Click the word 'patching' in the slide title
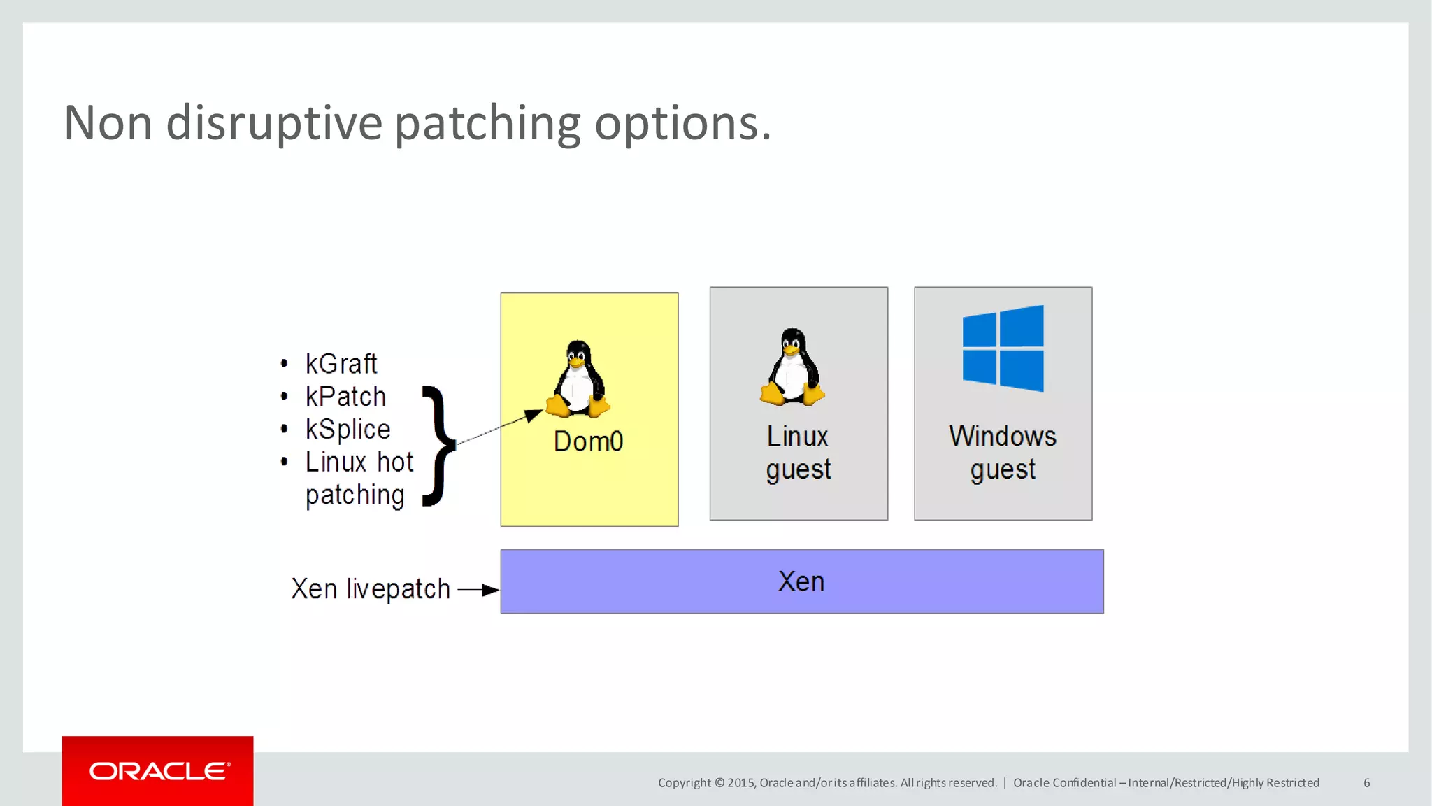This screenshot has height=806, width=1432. pyautogui.click(x=487, y=124)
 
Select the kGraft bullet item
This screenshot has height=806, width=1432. pyautogui.click(x=341, y=364)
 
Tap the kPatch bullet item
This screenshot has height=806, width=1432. pyautogui.click(x=345, y=397)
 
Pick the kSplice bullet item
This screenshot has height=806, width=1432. pyautogui.click(x=348, y=430)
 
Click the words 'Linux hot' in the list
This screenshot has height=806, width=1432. pyautogui.click(x=359, y=462)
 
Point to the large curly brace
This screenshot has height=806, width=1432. pyautogui.click(x=439, y=445)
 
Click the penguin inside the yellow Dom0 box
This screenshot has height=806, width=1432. pyautogui.click(x=578, y=379)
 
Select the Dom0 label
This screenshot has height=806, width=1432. pyautogui.click(x=588, y=441)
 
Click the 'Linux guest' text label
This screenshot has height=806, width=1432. pyautogui.click(x=798, y=453)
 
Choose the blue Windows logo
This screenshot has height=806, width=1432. pyautogui.click(x=1003, y=348)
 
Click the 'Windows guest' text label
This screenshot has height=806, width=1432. pyautogui.click(x=1003, y=453)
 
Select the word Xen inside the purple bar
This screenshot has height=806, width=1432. pyautogui.click(x=801, y=582)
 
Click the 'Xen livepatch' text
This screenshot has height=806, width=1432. pyautogui.click(x=371, y=589)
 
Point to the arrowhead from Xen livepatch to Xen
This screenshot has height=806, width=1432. pyautogui.click(x=491, y=591)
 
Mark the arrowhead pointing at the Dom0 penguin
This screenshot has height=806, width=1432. pyautogui.click(x=534, y=416)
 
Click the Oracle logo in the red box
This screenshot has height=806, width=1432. pyautogui.click(x=159, y=771)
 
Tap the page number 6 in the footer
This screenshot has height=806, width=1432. pyautogui.click(x=1366, y=783)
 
